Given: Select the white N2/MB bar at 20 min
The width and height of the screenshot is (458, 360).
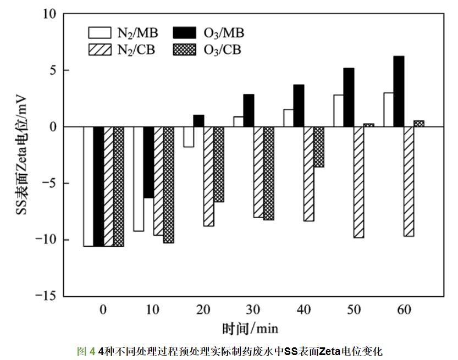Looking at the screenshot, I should coord(189,137).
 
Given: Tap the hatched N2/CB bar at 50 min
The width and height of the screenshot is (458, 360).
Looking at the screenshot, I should coord(359,182).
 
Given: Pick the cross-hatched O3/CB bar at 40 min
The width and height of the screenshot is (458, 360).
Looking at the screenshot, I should coord(319,147).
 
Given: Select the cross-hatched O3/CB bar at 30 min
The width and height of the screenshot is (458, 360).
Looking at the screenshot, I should coord(269,173).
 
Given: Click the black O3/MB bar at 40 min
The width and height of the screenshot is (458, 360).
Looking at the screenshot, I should coord(299,106).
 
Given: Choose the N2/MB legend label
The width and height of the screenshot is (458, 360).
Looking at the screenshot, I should coord(137,32).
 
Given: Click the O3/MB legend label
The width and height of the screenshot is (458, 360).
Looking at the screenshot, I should coord(224,32).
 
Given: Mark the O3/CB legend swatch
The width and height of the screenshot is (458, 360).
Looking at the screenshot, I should coord(185,50).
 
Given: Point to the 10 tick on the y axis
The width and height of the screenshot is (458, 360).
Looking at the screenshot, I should coord(49,14).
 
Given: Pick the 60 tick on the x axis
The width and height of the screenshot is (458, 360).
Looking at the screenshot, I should coord(405,309).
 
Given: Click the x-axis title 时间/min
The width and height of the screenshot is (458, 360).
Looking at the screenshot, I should coord(250,329).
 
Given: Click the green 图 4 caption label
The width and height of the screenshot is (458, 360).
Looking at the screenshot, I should coord(86,351).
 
